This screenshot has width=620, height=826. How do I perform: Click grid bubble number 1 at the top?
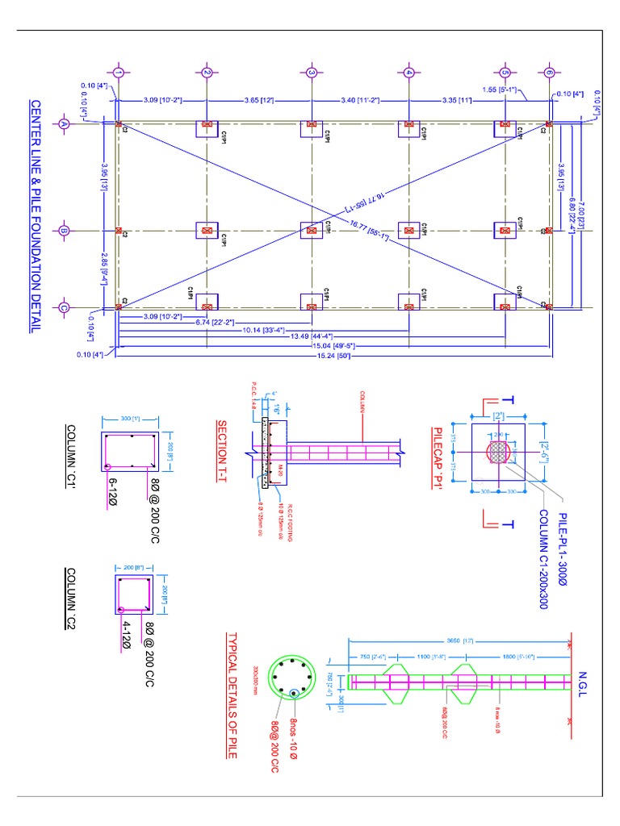tap(118, 73)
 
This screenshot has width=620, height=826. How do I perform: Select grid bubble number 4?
tap(409, 73)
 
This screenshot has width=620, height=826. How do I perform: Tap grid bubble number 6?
tap(550, 73)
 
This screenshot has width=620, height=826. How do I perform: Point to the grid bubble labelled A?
tap(63, 124)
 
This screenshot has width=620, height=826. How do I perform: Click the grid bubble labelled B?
tap(63, 232)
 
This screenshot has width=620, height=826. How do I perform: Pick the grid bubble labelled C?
tap(63, 307)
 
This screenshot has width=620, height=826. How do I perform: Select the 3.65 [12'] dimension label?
tap(260, 100)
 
